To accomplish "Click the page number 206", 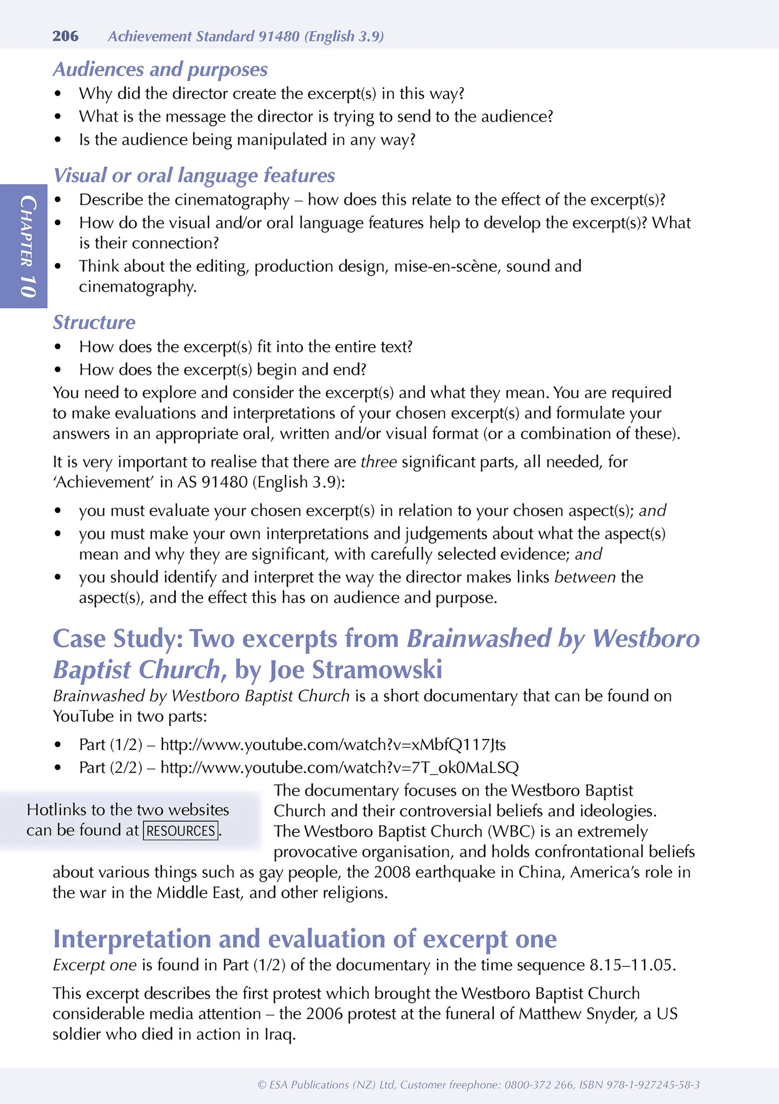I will coord(65,36).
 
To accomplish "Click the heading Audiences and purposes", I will coord(160,70).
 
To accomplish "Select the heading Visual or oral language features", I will coord(194,176).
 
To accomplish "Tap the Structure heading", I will coord(94,322).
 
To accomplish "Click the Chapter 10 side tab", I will coord(25,246).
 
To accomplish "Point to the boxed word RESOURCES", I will coord(181,830).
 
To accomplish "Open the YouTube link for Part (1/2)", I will coord(333,745).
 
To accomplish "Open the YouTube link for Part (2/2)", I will coord(340,767).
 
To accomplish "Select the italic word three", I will coord(378,462).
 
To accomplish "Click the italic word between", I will coord(585,577).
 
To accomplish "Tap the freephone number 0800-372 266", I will coord(539,1085).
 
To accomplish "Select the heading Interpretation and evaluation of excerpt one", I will coord(305,939).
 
